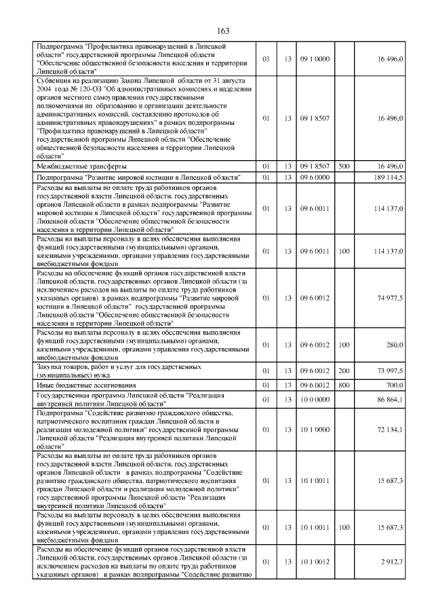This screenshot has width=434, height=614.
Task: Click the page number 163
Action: pyautogui.click(x=224, y=31)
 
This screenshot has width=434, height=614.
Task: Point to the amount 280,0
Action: pyautogui.click(x=395, y=345)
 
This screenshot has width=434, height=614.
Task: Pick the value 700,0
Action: pyautogui.click(x=395, y=385)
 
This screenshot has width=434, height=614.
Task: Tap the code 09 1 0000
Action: pyautogui.click(x=317, y=60)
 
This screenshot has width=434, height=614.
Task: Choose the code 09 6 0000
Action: pyautogui.click(x=317, y=177)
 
